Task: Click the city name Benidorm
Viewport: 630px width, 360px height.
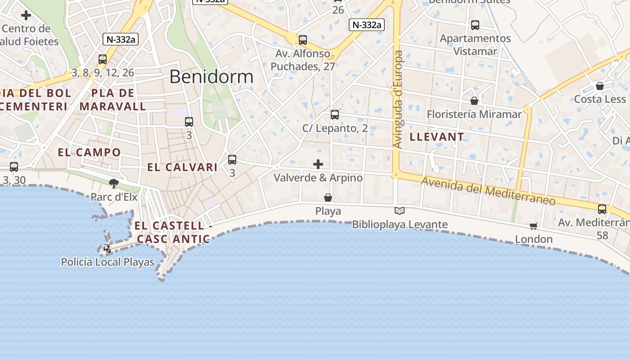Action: (x=211, y=77)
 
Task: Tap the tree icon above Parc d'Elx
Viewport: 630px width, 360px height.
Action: (x=114, y=183)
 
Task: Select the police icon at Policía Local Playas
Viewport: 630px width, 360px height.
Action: (x=108, y=248)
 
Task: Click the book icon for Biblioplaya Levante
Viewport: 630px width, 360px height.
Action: (x=400, y=211)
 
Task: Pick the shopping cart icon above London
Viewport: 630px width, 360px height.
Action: (x=534, y=226)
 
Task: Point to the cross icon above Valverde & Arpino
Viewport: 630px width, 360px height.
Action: (x=318, y=164)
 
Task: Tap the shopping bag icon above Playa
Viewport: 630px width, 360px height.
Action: (x=328, y=198)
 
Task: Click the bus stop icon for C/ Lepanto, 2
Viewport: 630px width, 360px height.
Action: (x=335, y=114)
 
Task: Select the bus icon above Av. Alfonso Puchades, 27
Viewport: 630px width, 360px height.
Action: (x=303, y=40)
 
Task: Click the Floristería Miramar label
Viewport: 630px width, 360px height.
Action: (x=474, y=114)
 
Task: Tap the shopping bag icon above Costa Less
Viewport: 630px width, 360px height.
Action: (x=600, y=85)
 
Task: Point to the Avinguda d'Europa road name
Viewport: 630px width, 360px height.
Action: (x=398, y=99)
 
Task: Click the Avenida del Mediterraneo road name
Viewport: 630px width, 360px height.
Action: (x=488, y=191)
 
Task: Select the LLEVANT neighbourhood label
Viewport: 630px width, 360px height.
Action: (x=437, y=137)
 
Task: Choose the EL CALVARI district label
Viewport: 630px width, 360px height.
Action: (x=182, y=167)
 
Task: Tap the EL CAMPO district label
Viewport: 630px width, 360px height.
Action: (x=89, y=152)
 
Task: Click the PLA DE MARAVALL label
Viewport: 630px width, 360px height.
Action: (x=113, y=99)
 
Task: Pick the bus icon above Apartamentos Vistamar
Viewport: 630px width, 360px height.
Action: (x=475, y=25)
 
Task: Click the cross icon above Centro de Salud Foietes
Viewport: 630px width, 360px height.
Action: (x=26, y=15)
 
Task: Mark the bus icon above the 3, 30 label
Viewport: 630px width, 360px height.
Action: (x=14, y=167)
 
